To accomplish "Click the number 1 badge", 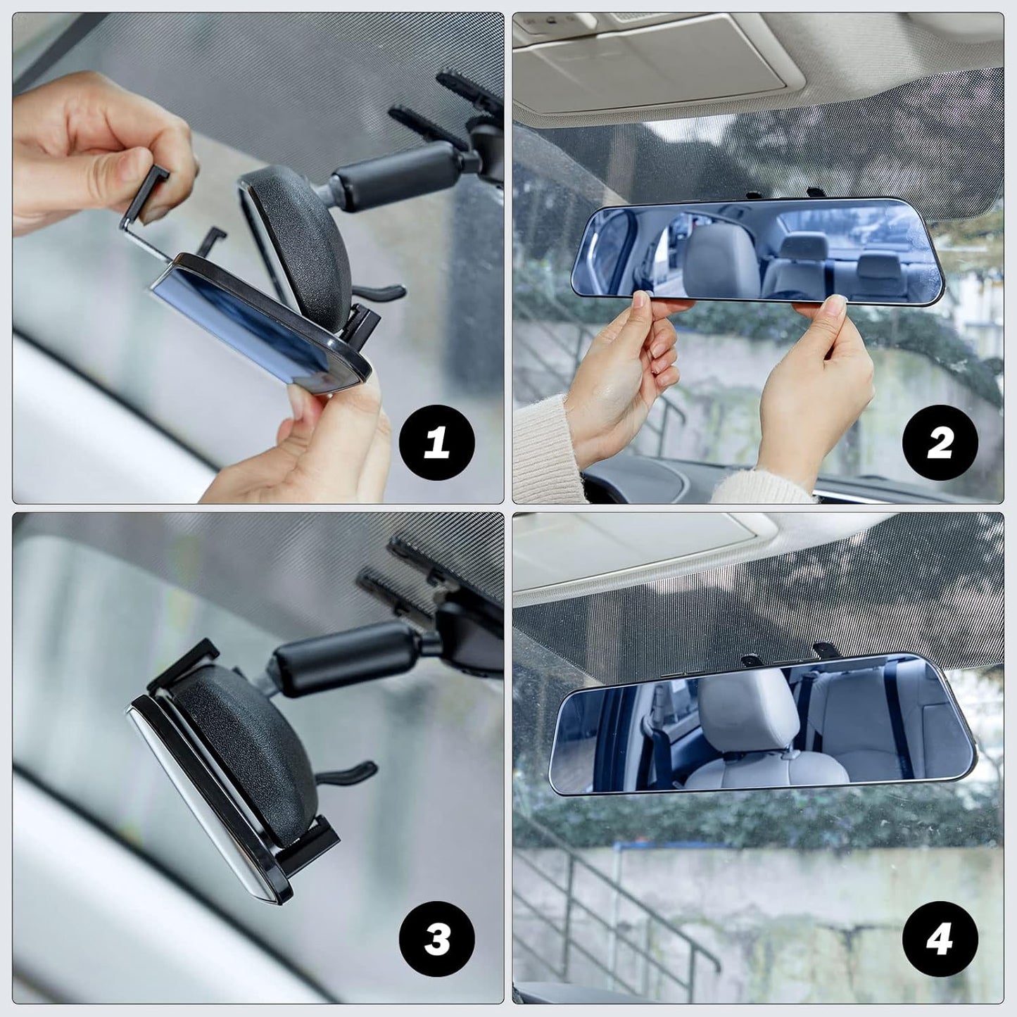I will pos(436,443).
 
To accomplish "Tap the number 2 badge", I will pos(940,443).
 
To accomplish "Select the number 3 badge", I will pos(436,939).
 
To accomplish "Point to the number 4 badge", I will pos(940,939).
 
